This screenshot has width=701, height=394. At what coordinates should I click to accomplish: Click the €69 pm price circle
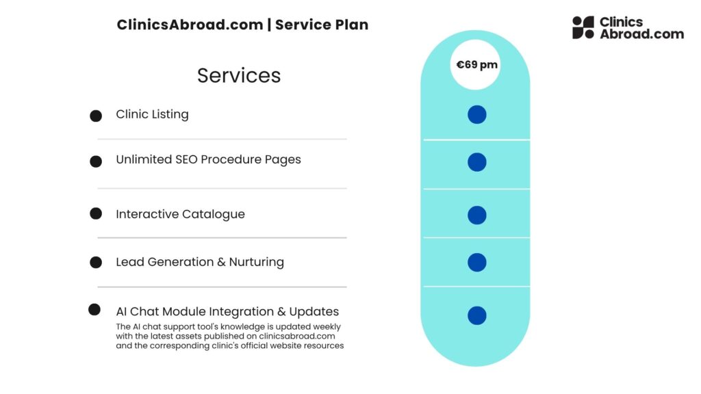(477, 65)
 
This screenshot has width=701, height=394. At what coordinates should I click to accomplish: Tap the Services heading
(239, 75)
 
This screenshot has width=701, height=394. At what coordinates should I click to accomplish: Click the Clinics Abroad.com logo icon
(583, 27)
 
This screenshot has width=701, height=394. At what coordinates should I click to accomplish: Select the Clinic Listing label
(152, 114)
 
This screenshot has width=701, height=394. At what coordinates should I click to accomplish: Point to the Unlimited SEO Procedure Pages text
(208, 159)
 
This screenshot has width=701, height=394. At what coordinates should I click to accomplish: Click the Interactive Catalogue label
(180, 214)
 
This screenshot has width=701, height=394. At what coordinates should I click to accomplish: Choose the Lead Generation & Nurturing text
(200, 262)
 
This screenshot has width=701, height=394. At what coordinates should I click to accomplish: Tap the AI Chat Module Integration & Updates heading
(227, 312)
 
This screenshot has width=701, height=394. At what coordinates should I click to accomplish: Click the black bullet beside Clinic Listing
(96, 116)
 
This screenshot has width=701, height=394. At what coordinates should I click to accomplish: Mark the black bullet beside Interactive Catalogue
(96, 213)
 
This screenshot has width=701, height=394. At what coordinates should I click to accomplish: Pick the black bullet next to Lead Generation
(96, 262)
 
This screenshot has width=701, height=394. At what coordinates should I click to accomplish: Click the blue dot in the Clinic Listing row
(477, 114)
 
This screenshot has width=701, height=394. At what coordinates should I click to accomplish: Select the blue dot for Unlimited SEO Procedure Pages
(477, 162)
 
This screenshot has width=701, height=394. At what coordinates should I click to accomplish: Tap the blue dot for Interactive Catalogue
(477, 215)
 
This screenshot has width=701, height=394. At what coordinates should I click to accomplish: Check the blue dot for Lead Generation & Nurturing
(477, 262)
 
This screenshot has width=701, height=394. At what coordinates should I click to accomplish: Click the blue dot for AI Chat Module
(477, 315)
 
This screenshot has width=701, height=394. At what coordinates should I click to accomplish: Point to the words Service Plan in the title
(322, 25)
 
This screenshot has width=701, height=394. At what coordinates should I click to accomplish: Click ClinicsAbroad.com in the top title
(190, 25)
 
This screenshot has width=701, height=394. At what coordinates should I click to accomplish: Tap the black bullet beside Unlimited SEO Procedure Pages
(96, 161)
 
